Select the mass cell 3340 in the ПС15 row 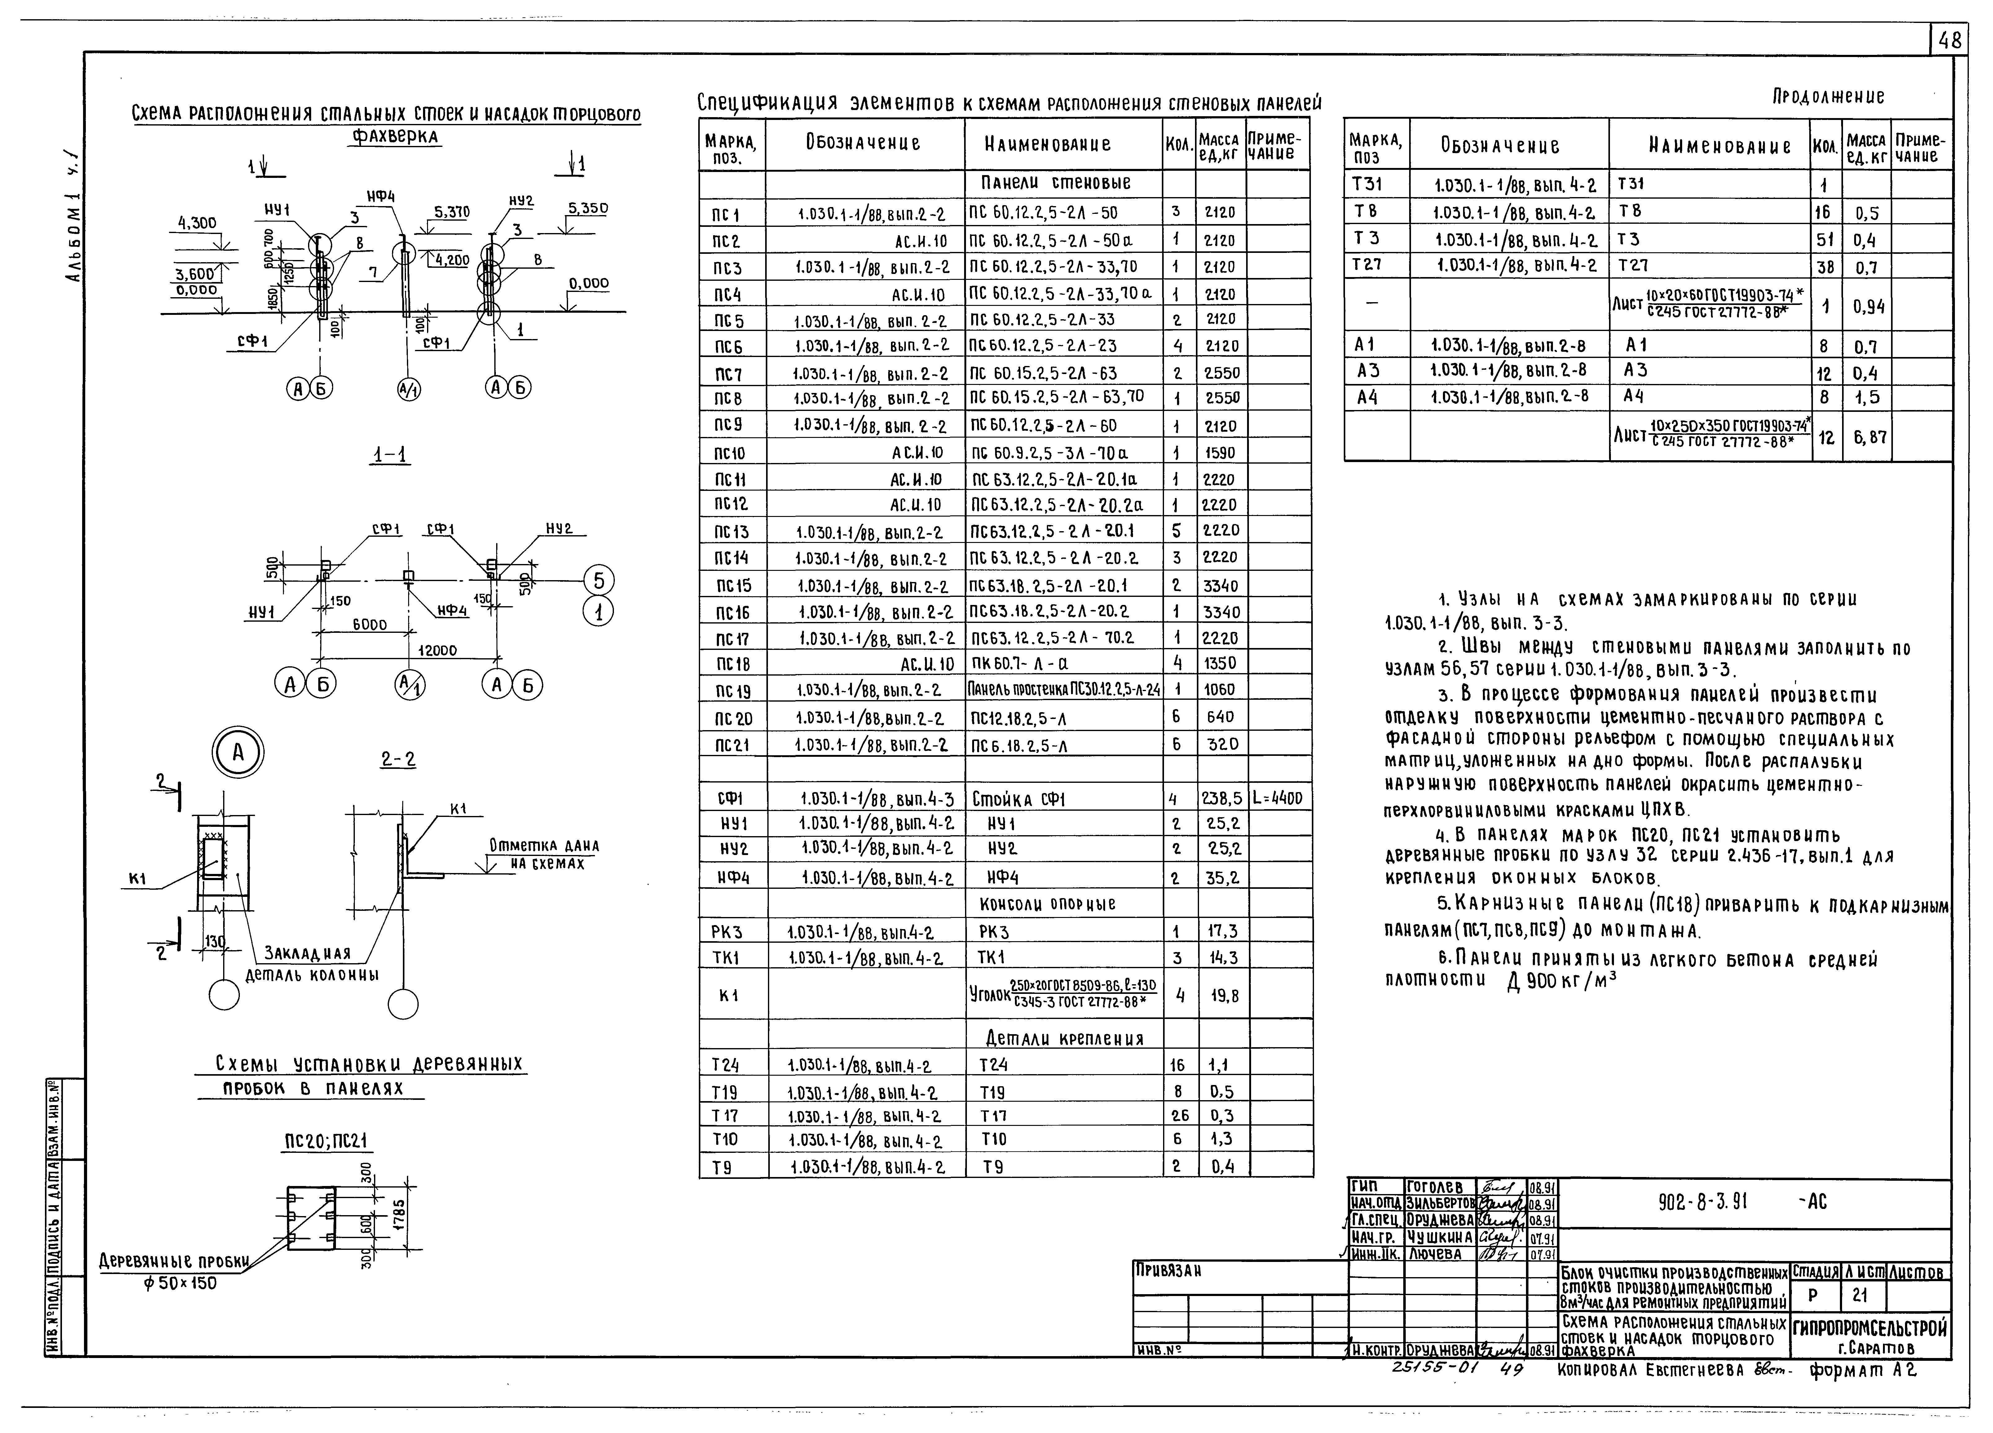(1221, 585)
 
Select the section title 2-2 (398, 759)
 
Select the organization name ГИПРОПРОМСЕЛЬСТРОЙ (1870, 1328)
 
